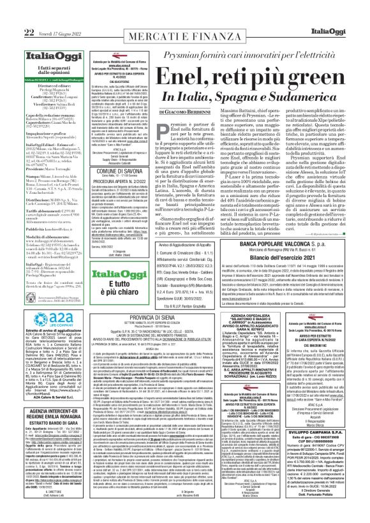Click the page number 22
pyautogui.click(x=11, y=13)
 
